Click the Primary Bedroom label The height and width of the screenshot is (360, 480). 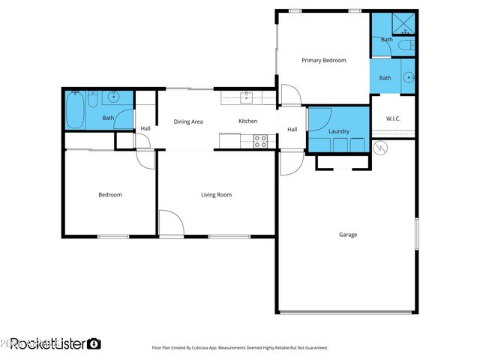click(323, 60)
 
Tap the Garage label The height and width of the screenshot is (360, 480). click(347, 235)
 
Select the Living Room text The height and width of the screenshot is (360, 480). click(216, 195)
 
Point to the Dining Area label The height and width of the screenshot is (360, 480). click(188, 121)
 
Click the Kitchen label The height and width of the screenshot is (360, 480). click(247, 121)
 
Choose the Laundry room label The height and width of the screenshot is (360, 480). click(338, 132)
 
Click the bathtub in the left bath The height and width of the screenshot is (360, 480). click(74, 109)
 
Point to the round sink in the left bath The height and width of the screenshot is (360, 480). click(114, 97)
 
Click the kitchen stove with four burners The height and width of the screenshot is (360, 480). click(260, 139)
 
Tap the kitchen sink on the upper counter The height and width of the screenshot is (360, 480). click(247, 96)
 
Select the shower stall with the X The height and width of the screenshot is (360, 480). click(404, 23)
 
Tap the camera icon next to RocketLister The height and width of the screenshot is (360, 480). click(94, 343)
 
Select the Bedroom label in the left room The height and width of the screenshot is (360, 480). click(110, 195)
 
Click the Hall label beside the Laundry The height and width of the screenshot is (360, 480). click(292, 130)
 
